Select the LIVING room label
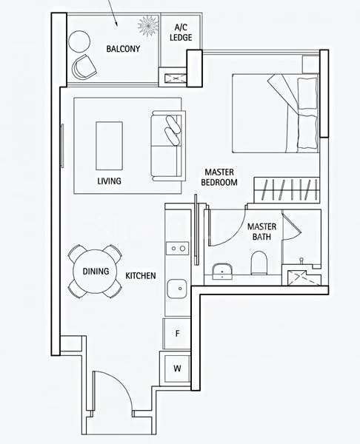(x=110, y=181)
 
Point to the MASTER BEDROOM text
(x=220, y=177)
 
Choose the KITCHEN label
(x=140, y=275)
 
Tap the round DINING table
(x=96, y=272)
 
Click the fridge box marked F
(x=177, y=333)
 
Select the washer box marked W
(x=177, y=368)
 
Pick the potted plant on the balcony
(x=148, y=27)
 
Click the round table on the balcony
(x=78, y=40)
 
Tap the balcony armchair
(x=84, y=69)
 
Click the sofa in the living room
(x=166, y=145)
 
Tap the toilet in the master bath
(x=259, y=263)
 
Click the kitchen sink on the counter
(x=176, y=288)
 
